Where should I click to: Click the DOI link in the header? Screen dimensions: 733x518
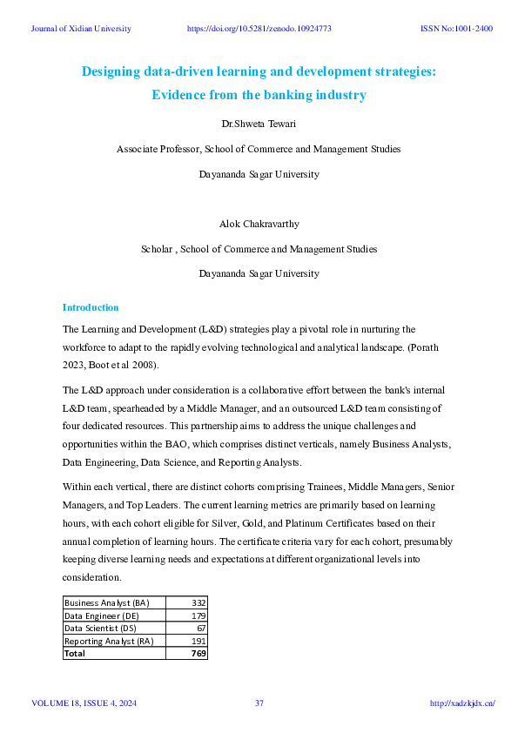259,29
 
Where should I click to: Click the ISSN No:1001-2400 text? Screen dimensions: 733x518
456,29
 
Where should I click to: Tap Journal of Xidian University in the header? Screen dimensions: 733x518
81,29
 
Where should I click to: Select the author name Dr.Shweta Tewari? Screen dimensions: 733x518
259,125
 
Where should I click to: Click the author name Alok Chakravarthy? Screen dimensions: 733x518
259,225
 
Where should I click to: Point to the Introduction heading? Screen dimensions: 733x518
91,307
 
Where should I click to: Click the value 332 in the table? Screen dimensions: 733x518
197,602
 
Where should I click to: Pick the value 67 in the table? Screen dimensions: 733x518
199,628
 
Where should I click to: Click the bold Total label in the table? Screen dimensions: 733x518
75,653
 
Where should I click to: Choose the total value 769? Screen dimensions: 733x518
198,653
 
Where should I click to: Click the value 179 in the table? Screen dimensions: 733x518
197,615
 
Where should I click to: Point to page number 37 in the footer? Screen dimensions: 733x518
259,703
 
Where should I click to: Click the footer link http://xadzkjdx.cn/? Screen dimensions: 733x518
462,703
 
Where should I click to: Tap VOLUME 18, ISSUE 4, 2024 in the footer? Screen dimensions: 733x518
84,703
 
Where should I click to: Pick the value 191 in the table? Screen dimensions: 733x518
197,641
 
